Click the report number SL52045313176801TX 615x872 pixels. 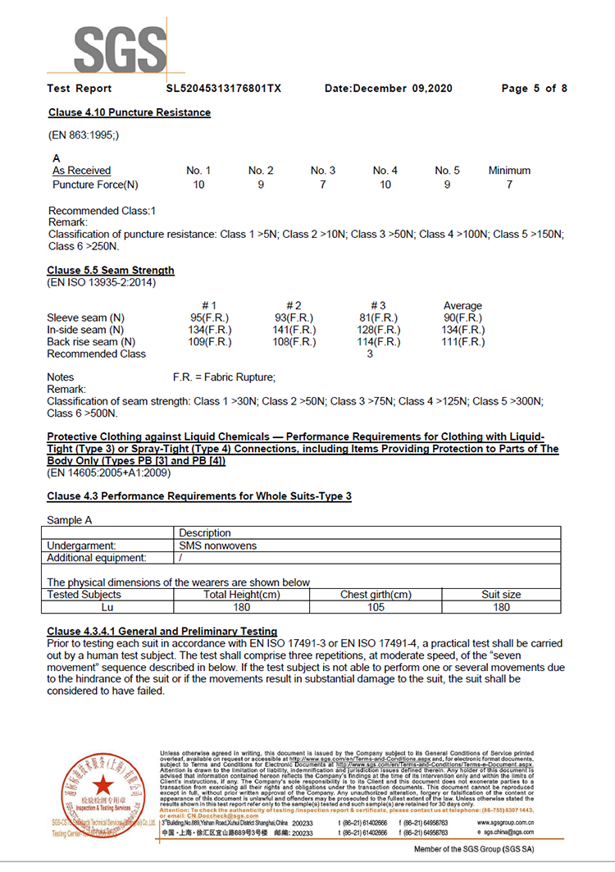pyautogui.click(x=223, y=89)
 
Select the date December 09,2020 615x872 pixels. pyautogui.click(x=389, y=89)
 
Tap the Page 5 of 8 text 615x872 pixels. pyautogui.click(x=534, y=89)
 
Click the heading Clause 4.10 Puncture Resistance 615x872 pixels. pyautogui.click(x=129, y=112)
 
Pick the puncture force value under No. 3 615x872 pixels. pyautogui.click(x=322, y=185)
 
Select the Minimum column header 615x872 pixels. pyautogui.click(x=509, y=171)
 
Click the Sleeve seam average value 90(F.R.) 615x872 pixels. pyautogui.click(x=462, y=318)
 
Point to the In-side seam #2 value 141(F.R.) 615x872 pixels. pyautogui.click(x=294, y=330)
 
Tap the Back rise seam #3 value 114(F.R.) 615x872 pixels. pyautogui.click(x=380, y=342)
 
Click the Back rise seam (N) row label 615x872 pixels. pyautogui.click(x=91, y=342)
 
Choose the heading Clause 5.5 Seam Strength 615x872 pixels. pyautogui.click(x=111, y=270)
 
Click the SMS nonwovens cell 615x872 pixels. pyautogui.click(x=217, y=546)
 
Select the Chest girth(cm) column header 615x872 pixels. pyautogui.click(x=376, y=595)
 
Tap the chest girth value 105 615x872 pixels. pyautogui.click(x=376, y=607)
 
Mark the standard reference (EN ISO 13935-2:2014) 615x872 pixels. pyautogui.click(x=101, y=283)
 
